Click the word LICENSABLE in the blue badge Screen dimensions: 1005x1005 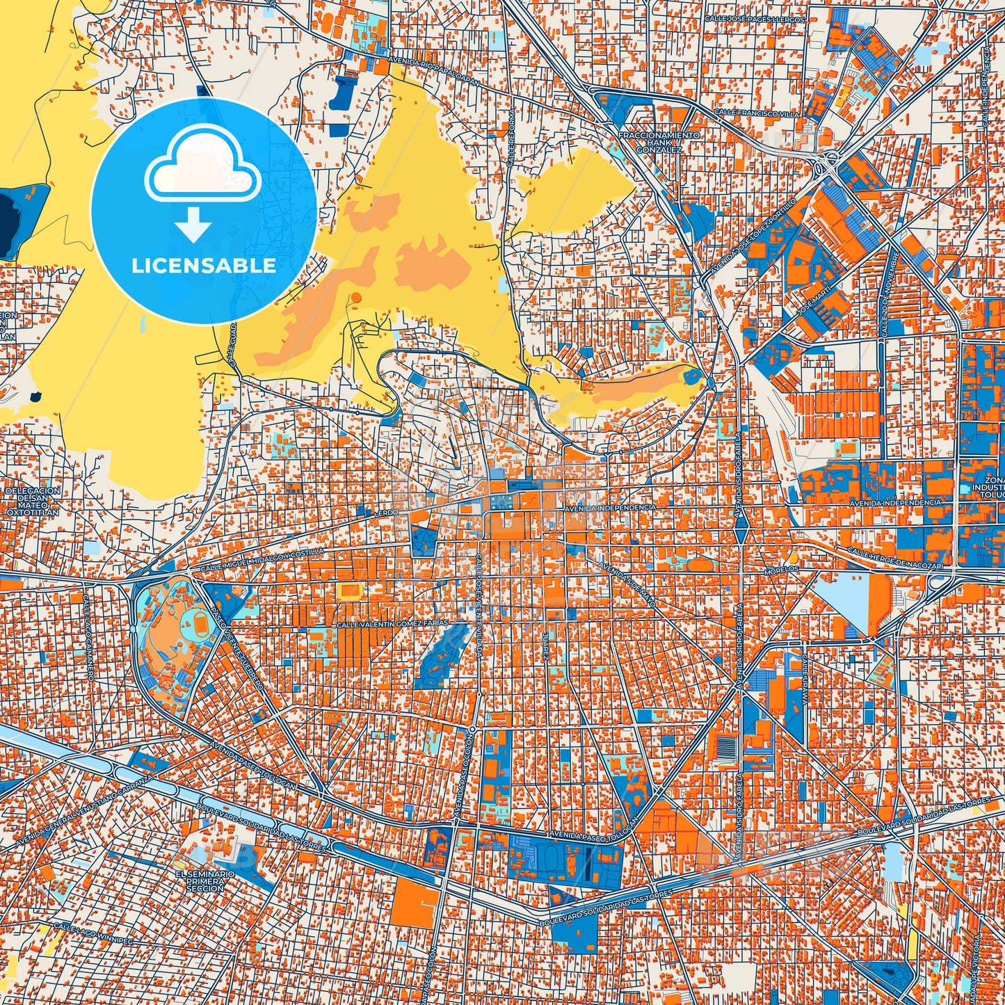click(x=204, y=266)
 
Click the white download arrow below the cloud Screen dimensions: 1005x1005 click(x=193, y=225)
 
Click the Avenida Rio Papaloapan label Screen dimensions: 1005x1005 click(x=435, y=69)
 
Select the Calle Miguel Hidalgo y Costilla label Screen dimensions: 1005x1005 click(x=262, y=560)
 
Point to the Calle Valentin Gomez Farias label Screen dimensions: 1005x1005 click(x=393, y=625)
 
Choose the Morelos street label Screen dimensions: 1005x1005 click(x=781, y=569)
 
